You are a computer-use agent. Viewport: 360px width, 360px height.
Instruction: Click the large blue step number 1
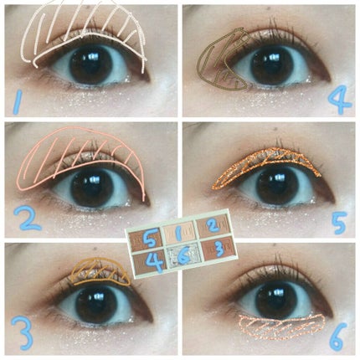(x=18, y=102)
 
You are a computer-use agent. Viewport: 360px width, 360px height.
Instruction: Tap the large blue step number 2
(x=28, y=219)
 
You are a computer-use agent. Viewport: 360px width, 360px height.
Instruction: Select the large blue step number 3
(x=23, y=334)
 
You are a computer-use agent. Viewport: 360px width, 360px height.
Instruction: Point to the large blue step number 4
(x=339, y=100)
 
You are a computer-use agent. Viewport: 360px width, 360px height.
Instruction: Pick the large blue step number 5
(x=339, y=223)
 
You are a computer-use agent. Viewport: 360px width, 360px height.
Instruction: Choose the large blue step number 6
(x=338, y=336)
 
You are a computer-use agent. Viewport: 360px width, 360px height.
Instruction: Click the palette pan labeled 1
(x=179, y=233)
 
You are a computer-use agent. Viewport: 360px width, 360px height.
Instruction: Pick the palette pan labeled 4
(x=151, y=261)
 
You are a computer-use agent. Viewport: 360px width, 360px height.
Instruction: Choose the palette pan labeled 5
(x=146, y=239)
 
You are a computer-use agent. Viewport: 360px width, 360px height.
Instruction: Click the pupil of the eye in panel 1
(x=90, y=65)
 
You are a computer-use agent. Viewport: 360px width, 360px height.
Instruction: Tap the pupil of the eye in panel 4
(x=271, y=65)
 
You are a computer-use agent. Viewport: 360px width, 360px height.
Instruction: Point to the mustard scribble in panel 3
(x=101, y=272)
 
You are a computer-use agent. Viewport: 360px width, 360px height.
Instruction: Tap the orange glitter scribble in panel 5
(x=265, y=167)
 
